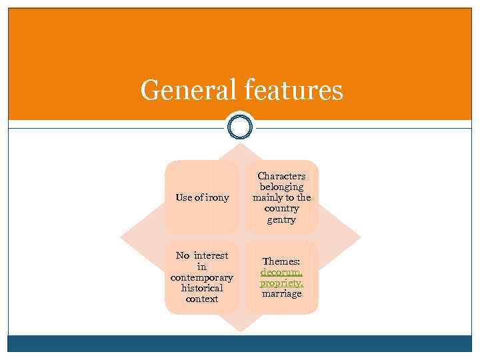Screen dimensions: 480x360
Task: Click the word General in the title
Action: coord(187,90)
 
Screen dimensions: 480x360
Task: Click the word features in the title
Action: coord(294,90)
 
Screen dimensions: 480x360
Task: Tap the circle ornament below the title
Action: coord(240,127)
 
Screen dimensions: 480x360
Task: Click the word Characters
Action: coord(281,176)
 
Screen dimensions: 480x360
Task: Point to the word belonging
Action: coord(281,187)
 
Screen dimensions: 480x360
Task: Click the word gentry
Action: coord(281,220)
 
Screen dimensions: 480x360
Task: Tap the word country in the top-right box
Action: coord(281,209)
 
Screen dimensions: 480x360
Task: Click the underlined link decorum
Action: coord(281,273)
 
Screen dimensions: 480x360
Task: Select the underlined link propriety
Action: coord(281,283)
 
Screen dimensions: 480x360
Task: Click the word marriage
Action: coord(281,294)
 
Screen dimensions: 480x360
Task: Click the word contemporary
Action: coord(201,277)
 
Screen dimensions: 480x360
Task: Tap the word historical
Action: coord(201,288)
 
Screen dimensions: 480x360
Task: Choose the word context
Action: coord(201,299)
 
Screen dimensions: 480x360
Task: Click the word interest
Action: coord(211,255)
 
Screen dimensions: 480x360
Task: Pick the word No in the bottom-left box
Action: coord(183,255)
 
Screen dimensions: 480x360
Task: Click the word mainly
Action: coord(267,198)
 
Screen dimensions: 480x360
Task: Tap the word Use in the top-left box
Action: coord(183,197)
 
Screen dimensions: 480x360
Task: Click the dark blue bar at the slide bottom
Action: coord(240,343)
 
